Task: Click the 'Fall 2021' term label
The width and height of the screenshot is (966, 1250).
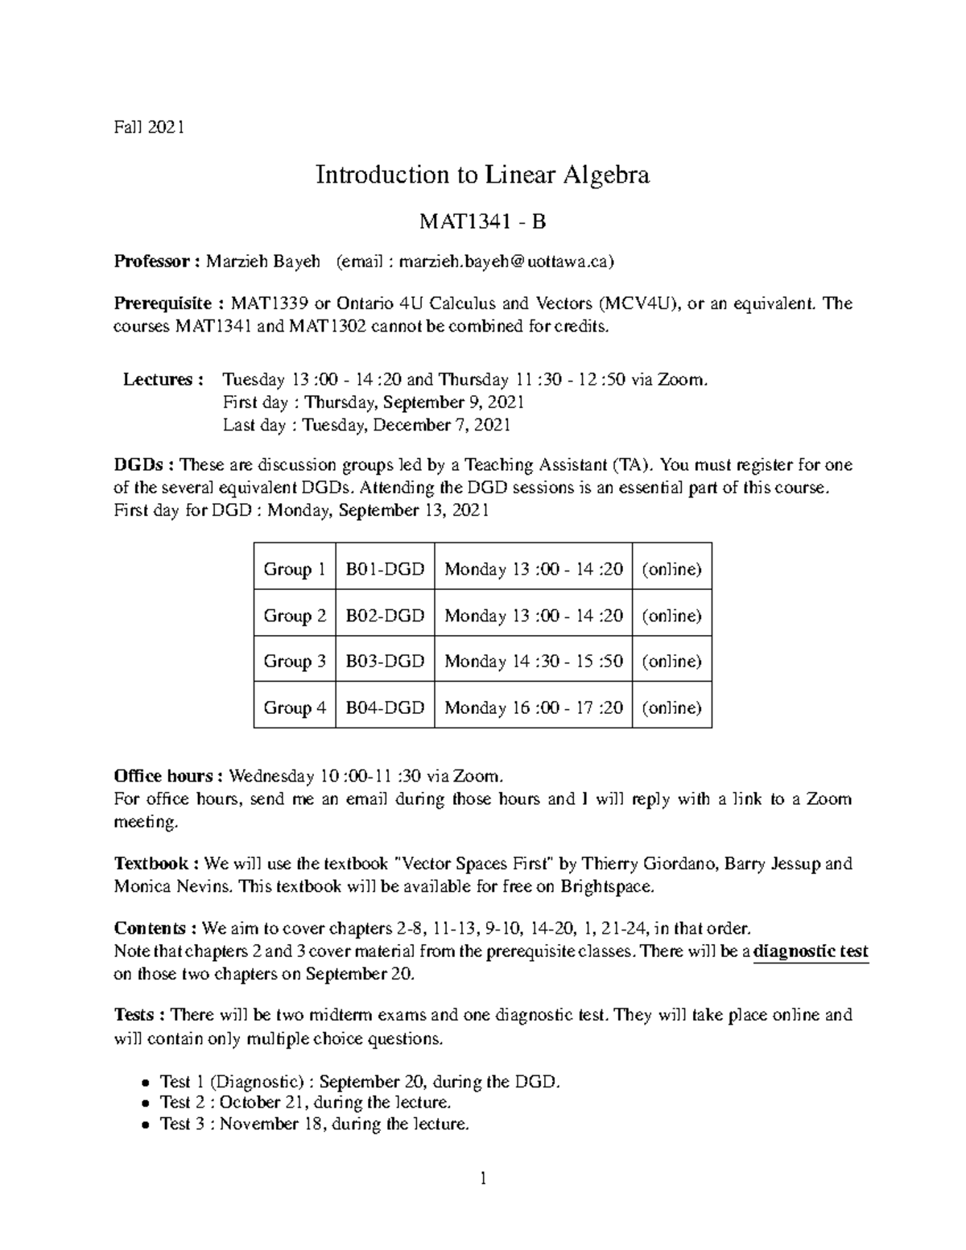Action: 149,126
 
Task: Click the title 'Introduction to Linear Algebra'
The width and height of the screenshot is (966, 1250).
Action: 482,175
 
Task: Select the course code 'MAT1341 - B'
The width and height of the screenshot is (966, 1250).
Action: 482,221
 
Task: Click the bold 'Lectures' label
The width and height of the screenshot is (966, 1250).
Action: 158,379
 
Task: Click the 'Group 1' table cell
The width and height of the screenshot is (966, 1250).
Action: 294,569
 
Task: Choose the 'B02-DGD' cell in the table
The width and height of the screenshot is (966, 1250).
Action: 385,616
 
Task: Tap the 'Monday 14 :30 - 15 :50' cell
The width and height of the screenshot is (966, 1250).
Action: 533,662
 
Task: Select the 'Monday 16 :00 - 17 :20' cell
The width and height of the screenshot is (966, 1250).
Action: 533,708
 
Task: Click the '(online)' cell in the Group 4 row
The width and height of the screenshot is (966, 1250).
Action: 671,708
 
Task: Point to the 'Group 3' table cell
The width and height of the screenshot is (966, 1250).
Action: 294,662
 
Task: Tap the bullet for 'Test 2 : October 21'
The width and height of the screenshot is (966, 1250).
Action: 145,1104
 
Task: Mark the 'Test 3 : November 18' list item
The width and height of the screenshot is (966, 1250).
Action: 314,1124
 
